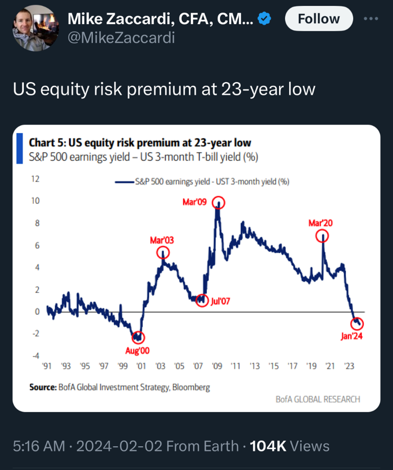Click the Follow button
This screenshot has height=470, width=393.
tap(319, 19)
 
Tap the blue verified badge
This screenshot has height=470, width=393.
tap(265, 19)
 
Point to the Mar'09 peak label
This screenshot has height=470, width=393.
tap(195, 202)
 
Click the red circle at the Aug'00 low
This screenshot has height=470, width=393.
tap(138, 338)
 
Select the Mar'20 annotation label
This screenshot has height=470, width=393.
tap(320, 223)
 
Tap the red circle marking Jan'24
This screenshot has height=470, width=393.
tap(358, 324)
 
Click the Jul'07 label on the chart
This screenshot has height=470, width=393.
tap(220, 301)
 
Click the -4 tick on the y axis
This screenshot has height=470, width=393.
tap(35, 356)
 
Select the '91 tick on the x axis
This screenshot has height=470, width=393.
tap(46, 367)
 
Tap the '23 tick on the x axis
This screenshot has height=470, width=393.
tap(349, 367)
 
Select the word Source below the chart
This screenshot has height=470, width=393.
tap(43, 387)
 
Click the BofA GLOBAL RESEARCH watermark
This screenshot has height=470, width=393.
tap(317, 399)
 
